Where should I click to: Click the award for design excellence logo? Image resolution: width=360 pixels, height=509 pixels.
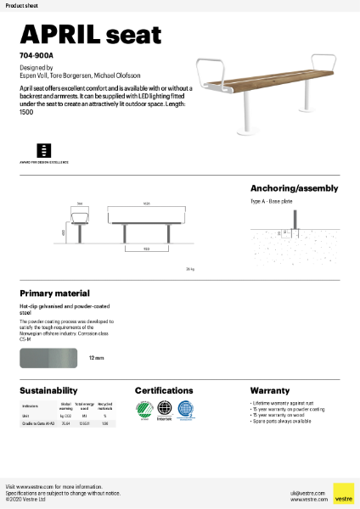[x=45, y=148]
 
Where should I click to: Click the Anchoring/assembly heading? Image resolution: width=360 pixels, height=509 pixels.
[x=294, y=188]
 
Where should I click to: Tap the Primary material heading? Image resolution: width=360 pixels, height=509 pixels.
[x=54, y=293]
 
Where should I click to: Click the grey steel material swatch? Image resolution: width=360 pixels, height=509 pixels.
[x=48, y=359]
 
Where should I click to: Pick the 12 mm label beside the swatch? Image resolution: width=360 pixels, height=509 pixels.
[x=96, y=359]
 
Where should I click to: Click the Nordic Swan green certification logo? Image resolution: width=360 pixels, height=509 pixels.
[x=144, y=409]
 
